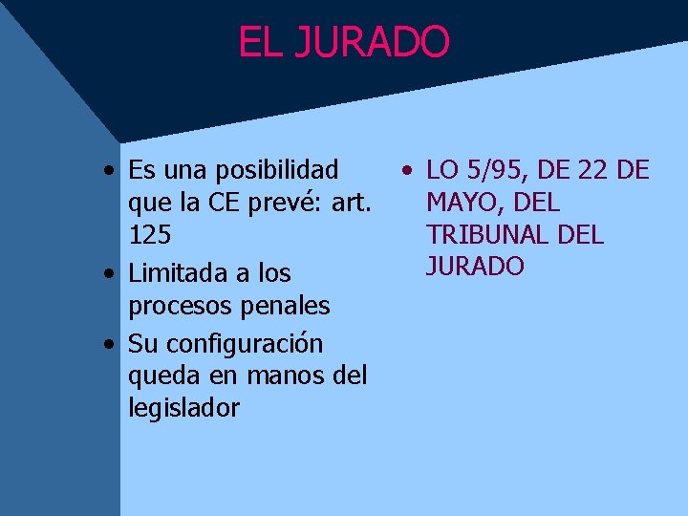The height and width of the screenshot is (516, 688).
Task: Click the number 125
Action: (x=148, y=235)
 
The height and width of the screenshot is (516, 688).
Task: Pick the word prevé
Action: (x=284, y=203)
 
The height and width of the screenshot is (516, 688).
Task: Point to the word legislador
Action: (x=183, y=408)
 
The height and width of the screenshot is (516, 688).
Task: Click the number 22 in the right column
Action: (x=592, y=170)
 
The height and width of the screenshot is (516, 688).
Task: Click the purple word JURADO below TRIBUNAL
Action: (x=475, y=266)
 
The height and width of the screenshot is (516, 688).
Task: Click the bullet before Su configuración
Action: (x=112, y=344)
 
